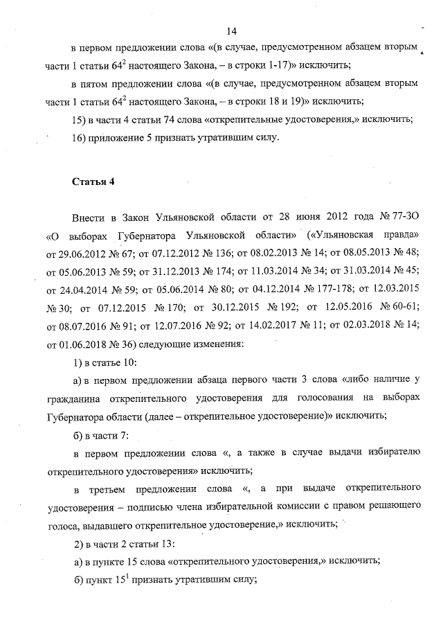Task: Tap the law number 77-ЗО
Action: coord(402,217)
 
